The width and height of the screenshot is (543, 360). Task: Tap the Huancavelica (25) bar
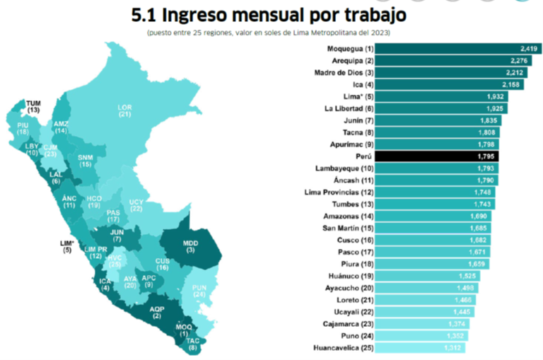[x=417, y=347]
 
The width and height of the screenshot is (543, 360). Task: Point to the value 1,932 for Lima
[x=494, y=96]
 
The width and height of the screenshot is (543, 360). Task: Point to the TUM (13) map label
[x=33, y=107]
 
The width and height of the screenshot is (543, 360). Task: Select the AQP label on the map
[x=157, y=312]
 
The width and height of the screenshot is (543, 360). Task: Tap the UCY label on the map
[x=136, y=205]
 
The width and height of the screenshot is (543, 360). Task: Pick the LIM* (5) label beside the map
[x=67, y=246]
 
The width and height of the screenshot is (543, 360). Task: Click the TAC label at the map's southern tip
[x=193, y=344]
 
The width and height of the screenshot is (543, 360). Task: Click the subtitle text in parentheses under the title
[x=269, y=33]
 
